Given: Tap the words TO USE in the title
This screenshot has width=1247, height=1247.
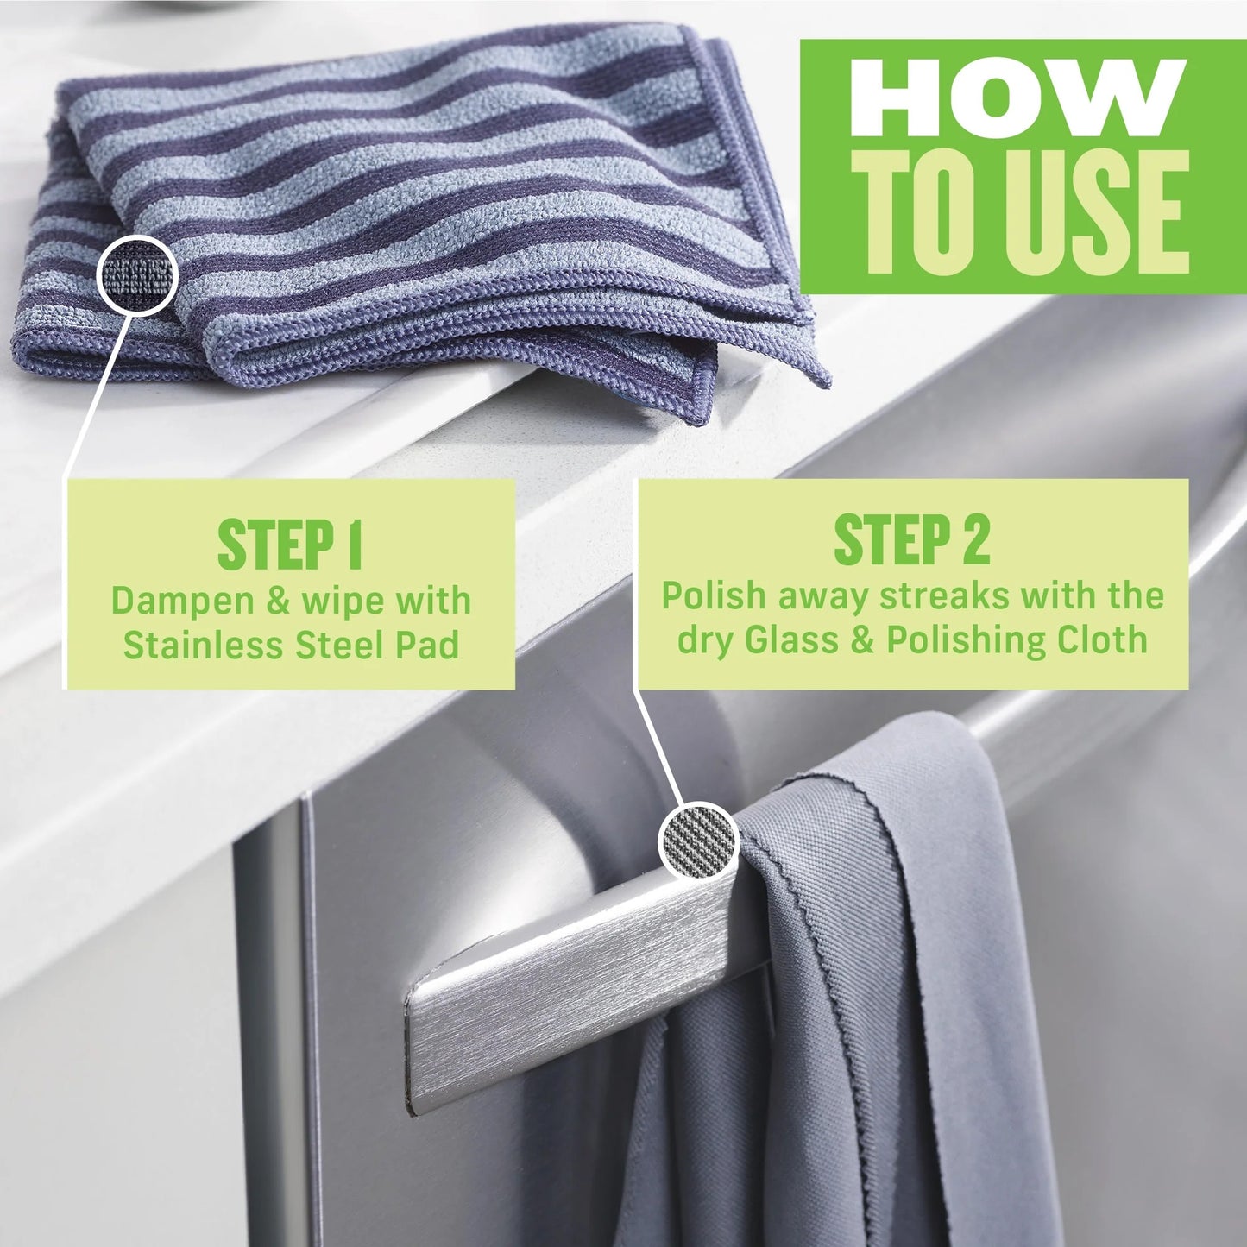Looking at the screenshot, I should tap(1027, 211).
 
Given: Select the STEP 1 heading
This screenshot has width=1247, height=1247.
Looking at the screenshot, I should tap(290, 545).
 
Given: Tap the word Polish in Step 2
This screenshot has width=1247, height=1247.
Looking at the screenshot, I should tap(713, 595).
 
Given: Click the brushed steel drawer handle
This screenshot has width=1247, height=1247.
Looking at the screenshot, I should tap(570, 992).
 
